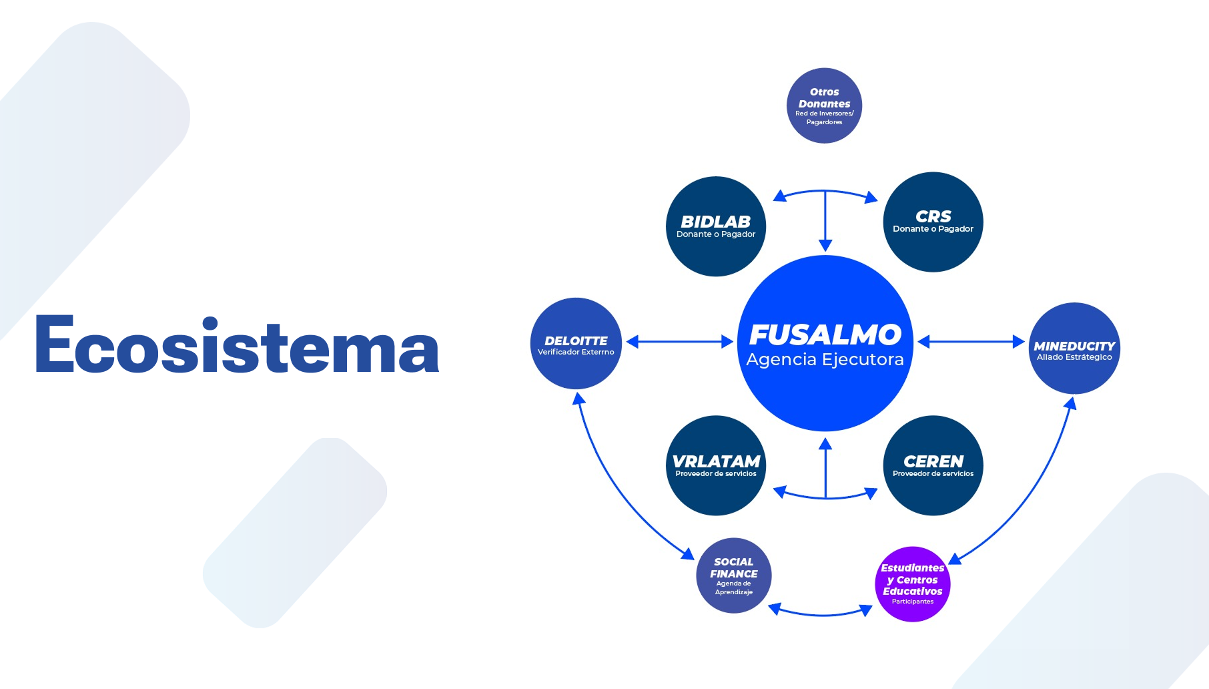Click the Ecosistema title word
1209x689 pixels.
coord(237,344)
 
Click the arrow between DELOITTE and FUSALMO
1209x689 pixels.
coord(679,342)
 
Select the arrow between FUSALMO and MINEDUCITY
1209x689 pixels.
coord(971,342)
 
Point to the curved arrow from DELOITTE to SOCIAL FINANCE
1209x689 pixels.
coord(614,487)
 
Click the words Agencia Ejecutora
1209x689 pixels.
coord(825,359)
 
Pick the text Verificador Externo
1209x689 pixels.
coord(576,352)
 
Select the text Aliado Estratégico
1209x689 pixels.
coord(1074,357)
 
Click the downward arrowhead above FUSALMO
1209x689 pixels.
coord(825,244)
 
